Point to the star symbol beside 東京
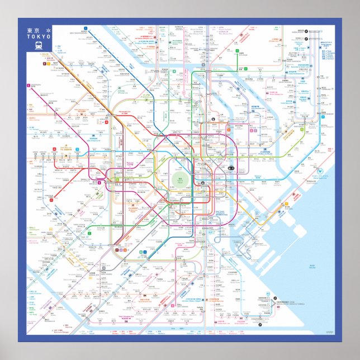(x=48, y=31)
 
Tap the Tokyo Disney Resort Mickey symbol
(x=320, y=170)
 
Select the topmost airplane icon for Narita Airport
(x=307, y=31)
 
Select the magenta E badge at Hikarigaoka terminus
(x=27, y=85)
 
